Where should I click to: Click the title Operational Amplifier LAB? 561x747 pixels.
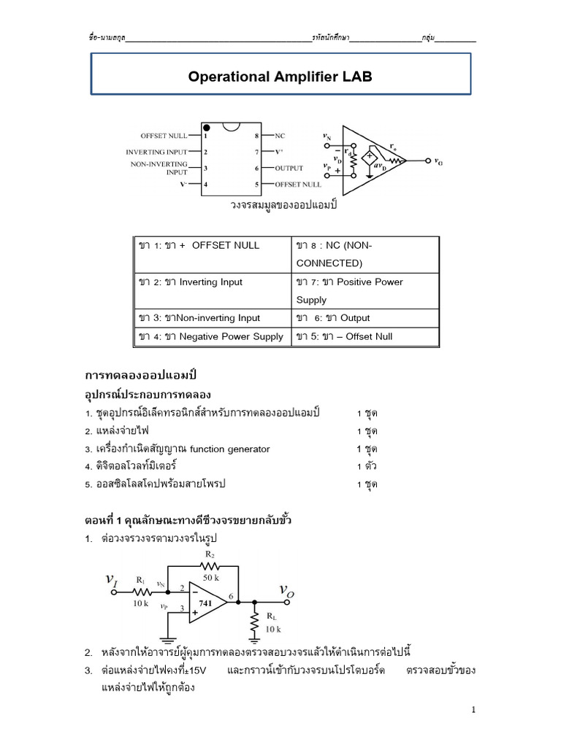coord(280,77)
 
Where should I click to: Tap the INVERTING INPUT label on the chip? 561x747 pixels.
coord(156,152)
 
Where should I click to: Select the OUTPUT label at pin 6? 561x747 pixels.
coord(289,168)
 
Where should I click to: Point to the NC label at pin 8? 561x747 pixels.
coord(280,136)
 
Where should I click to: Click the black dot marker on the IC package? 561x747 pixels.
coord(207,128)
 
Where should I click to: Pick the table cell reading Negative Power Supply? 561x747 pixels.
coord(212,336)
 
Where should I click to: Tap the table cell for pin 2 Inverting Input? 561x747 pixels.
coord(212,282)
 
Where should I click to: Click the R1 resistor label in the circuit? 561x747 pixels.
coord(141,580)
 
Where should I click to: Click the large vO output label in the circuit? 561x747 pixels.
coord(286,590)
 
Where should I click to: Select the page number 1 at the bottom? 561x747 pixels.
coord(473,709)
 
